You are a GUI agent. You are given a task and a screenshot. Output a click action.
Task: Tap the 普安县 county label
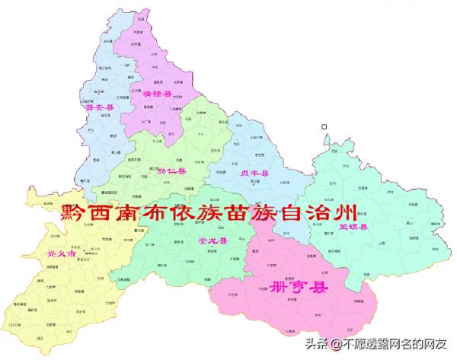click(x=100, y=108)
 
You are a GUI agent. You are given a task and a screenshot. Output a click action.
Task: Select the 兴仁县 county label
click(x=165, y=172)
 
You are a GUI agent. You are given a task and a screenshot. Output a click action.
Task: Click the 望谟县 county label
click(x=354, y=226)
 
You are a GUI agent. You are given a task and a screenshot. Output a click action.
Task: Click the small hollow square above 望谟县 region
click(x=324, y=126)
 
